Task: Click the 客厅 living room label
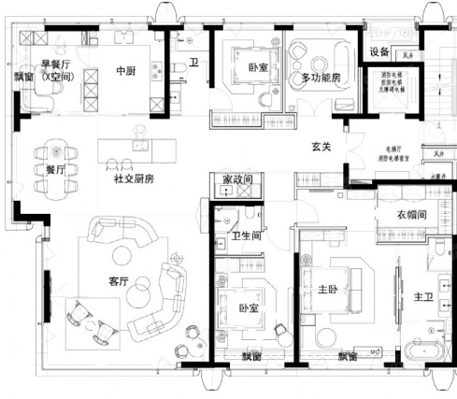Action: click(x=118, y=280)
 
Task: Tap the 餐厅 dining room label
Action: click(x=54, y=171)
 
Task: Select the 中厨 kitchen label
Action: click(x=127, y=71)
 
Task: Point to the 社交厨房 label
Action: click(x=134, y=178)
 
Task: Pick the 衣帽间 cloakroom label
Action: click(x=412, y=215)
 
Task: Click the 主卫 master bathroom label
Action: click(x=422, y=296)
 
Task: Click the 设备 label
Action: click(x=378, y=50)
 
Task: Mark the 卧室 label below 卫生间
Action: click(x=248, y=307)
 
